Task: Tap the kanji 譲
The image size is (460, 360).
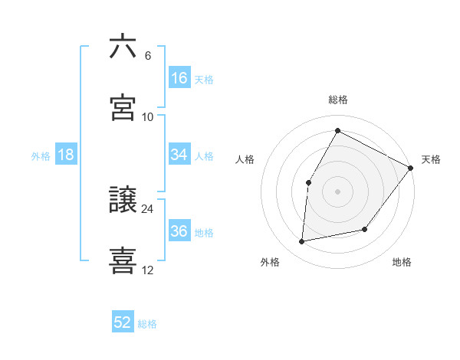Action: (123, 199)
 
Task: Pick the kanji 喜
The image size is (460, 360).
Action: (123, 260)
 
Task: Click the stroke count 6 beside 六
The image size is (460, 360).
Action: (147, 55)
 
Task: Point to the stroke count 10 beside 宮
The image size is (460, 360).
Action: (148, 116)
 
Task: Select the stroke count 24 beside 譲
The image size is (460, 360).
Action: (148, 208)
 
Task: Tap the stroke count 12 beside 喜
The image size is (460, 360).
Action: (148, 270)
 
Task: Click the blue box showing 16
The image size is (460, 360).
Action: (179, 78)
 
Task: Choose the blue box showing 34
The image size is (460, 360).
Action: (179, 155)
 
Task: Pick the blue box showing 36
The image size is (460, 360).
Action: (179, 231)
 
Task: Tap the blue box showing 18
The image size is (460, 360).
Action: (66, 155)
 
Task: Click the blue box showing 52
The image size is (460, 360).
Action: (123, 323)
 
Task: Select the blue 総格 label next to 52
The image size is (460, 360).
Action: (147, 324)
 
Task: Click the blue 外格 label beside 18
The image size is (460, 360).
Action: (41, 155)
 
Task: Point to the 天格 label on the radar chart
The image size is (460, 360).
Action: (431, 159)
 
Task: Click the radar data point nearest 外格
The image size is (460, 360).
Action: (302, 242)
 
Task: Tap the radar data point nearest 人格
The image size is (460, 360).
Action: (308, 182)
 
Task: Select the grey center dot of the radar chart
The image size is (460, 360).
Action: (337, 191)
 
